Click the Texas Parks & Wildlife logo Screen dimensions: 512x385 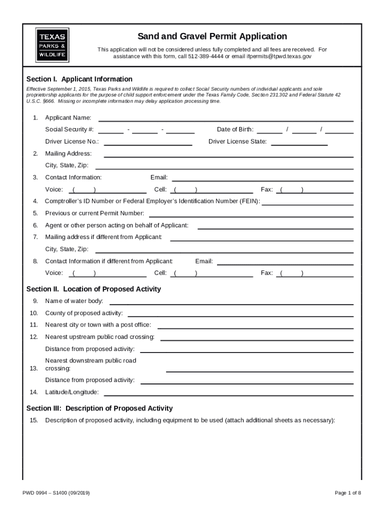(x=52, y=45)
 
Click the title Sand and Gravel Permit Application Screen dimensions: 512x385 (x=212, y=36)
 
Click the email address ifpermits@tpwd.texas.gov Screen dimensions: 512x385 (x=279, y=56)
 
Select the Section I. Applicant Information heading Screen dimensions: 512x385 (x=79, y=79)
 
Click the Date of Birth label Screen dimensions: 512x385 (x=235, y=129)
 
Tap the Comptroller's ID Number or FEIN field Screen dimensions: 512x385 (x=307, y=203)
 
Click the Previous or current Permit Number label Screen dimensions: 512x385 (x=94, y=213)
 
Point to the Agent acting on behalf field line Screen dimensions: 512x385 (x=275, y=227)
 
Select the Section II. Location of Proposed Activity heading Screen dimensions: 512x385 (x=93, y=289)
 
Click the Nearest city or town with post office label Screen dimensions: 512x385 (x=98, y=325)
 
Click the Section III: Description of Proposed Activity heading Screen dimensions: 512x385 (x=99, y=408)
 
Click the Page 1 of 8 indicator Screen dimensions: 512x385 (x=347, y=493)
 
